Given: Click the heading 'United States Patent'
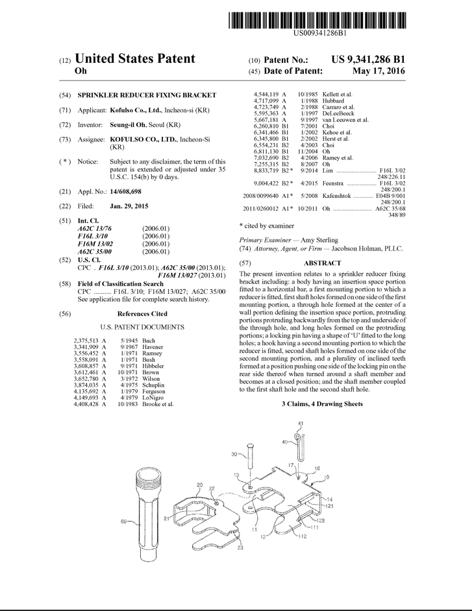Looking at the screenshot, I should point(135,59).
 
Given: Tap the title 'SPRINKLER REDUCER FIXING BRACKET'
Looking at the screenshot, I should point(147,95).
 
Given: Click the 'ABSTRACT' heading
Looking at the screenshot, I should point(322,263).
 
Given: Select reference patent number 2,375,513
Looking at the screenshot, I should point(90,340).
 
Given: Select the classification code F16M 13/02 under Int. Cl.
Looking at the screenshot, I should point(95,243).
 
